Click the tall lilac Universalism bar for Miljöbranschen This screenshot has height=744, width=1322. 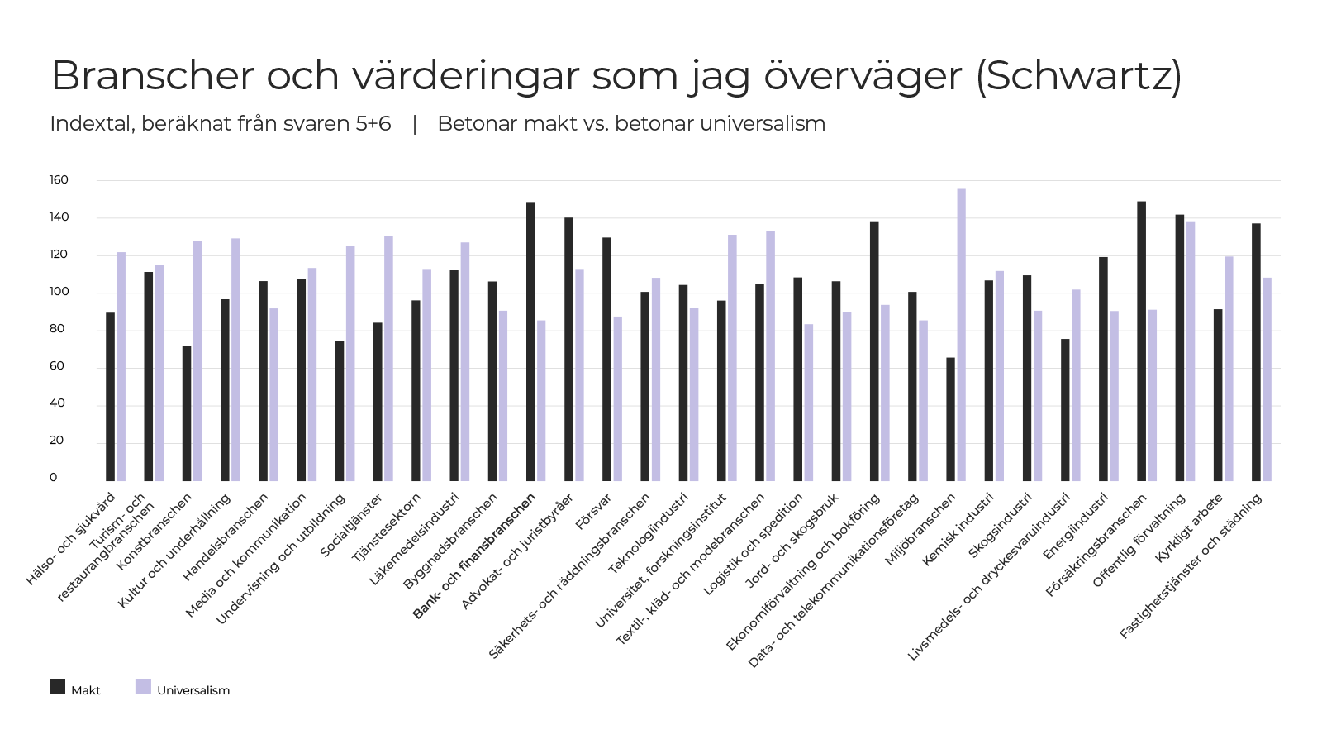962,335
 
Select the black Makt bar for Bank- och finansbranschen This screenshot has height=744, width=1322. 530,341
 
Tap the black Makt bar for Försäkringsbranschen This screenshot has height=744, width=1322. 1141,341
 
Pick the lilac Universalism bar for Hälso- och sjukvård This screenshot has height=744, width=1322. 121,367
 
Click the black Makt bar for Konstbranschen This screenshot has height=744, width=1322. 187,413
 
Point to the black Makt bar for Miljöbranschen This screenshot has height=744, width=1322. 951,419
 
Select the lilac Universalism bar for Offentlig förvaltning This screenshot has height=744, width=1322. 1191,351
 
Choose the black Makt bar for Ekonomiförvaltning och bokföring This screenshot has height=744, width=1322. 874,351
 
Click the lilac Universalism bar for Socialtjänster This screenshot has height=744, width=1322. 389,359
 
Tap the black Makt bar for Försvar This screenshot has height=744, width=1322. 606,359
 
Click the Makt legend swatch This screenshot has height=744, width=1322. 57,687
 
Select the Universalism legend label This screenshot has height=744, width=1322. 193,690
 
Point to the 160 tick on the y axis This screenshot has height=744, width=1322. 59,179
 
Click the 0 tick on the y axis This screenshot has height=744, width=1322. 54,477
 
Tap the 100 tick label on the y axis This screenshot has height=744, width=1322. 59,291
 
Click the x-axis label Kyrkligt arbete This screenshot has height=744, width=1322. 1189,527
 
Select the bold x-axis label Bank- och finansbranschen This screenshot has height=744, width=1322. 474,556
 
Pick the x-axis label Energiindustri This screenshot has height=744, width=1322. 1075,526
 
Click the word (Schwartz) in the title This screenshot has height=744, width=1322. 1079,75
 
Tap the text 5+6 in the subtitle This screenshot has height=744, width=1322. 373,123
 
